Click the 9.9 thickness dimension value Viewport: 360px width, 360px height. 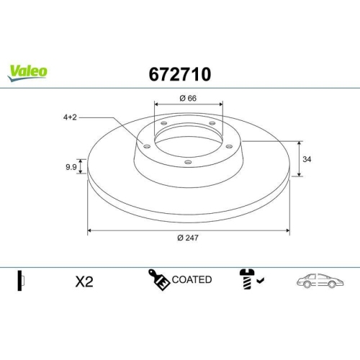(x=71, y=167)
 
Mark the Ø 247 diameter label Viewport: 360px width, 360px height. (x=189, y=239)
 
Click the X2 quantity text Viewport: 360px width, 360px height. (x=84, y=282)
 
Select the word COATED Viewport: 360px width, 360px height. (x=191, y=279)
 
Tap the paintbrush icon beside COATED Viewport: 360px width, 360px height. (x=158, y=279)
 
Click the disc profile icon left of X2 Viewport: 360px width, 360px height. (x=22, y=280)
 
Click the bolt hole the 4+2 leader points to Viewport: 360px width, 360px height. (x=147, y=147)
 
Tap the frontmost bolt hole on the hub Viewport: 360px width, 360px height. (x=188, y=163)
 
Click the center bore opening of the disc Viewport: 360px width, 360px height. (x=189, y=141)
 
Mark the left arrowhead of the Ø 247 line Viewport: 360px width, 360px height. (x=89, y=231)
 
